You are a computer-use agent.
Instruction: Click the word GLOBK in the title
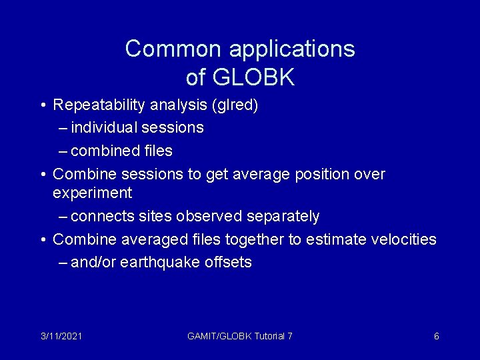pyautogui.click(x=253, y=77)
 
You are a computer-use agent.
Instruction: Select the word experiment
pyautogui.click(x=92, y=193)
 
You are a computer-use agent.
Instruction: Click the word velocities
pyautogui.click(x=402, y=239)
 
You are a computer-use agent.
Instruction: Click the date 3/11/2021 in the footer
pyautogui.click(x=61, y=336)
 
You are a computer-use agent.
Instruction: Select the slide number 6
pyautogui.click(x=437, y=336)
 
